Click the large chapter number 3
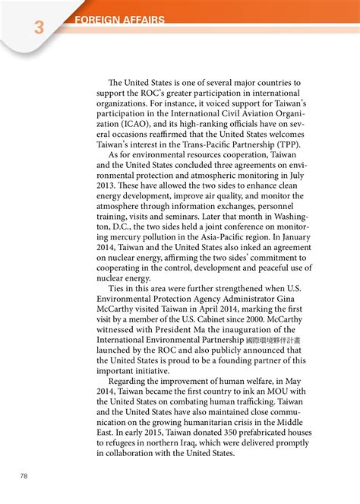pos(38,28)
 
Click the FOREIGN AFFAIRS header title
pos(120,21)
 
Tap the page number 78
pos(24,476)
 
